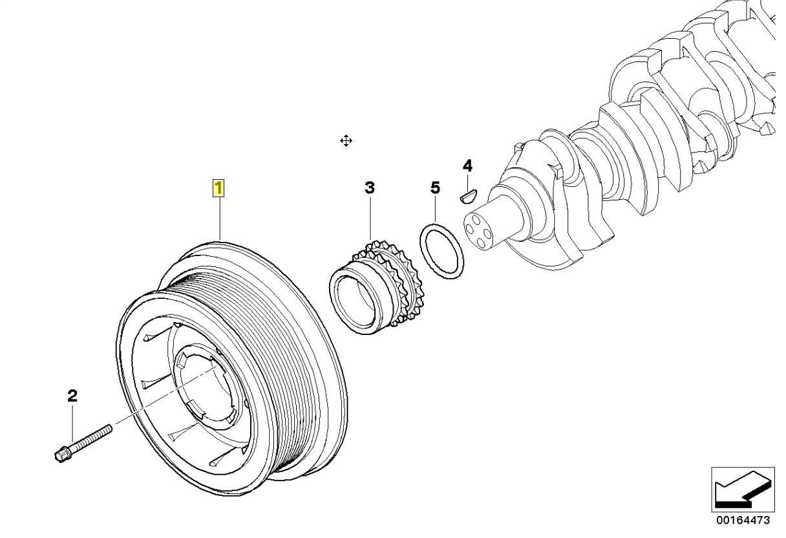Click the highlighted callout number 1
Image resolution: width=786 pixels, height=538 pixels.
(x=219, y=188)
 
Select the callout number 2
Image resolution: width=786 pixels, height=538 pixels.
(x=72, y=395)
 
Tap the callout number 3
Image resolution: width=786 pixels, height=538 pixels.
(x=369, y=188)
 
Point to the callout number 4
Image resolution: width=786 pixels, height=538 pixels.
(x=467, y=166)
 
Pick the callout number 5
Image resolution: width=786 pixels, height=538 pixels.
(x=435, y=188)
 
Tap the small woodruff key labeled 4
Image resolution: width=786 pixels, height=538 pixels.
(x=468, y=194)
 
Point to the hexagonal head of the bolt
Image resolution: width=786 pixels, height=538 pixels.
(x=61, y=453)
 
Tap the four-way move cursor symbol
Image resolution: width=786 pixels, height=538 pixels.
(x=346, y=141)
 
